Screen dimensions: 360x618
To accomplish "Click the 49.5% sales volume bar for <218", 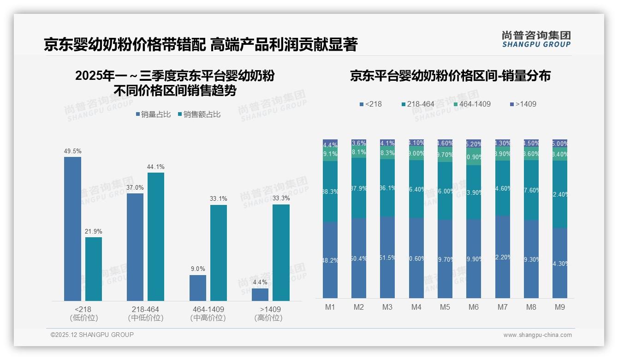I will click(x=72, y=229).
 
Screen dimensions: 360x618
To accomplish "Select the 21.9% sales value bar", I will click(x=94, y=269).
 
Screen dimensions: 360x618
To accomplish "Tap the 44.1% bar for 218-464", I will click(x=156, y=237).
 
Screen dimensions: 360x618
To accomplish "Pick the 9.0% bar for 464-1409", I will click(x=198, y=288).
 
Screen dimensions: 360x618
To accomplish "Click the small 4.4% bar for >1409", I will click(x=260, y=294).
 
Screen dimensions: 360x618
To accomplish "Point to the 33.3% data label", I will click(x=281, y=198).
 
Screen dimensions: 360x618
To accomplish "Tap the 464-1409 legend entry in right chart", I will click(x=472, y=104).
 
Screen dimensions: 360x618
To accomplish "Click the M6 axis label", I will click(x=474, y=307).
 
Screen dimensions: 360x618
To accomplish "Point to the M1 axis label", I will click(x=330, y=307).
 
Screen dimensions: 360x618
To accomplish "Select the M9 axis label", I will click(x=559, y=307).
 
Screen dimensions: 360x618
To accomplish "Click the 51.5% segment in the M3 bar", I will click(x=387, y=258).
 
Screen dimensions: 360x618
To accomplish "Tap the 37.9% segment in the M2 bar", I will click(x=359, y=188).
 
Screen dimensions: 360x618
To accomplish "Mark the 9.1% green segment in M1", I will click(x=330, y=154).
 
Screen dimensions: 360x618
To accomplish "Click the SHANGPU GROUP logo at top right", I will click(x=536, y=39).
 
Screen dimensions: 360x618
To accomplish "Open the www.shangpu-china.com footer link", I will click(x=537, y=335).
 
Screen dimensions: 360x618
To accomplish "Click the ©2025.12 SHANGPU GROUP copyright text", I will click(x=92, y=335).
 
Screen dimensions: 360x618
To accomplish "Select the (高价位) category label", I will click(x=268, y=318).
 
